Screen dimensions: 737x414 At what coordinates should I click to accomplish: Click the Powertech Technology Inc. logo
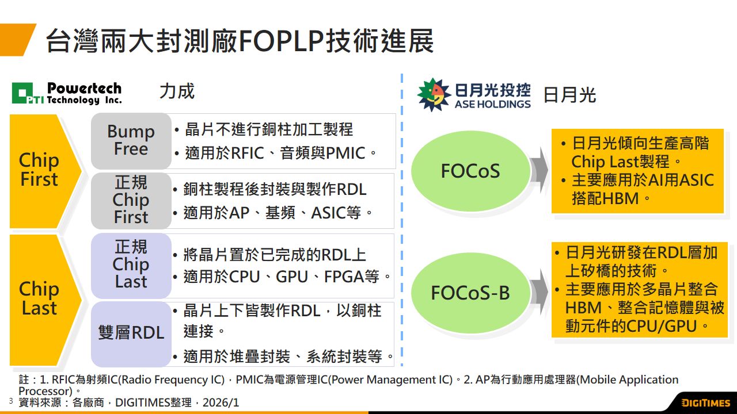point(66,93)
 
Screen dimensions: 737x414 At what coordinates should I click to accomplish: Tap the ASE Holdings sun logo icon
point(434,95)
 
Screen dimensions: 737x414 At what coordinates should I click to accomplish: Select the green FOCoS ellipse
point(470,171)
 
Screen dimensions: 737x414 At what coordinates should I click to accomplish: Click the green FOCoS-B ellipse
point(470,293)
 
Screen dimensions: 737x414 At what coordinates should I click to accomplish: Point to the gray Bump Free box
point(131,141)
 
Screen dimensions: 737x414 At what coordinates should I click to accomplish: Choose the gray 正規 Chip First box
point(131,201)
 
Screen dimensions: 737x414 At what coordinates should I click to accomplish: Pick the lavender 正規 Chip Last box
point(131,266)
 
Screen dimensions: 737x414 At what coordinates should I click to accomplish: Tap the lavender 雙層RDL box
point(131,334)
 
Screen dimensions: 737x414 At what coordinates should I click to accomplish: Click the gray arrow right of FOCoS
point(540,170)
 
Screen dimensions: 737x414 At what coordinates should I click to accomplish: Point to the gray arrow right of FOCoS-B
point(540,292)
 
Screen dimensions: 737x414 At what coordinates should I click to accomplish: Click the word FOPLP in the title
point(282,41)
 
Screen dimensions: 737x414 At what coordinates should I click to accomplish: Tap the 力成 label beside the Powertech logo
point(177,91)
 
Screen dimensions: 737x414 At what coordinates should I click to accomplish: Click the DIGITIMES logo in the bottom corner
point(706,403)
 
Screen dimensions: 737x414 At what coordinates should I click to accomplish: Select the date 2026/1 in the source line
point(221,402)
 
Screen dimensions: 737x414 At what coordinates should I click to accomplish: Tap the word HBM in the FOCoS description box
point(621,198)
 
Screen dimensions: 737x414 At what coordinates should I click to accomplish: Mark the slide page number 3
point(11,401)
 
